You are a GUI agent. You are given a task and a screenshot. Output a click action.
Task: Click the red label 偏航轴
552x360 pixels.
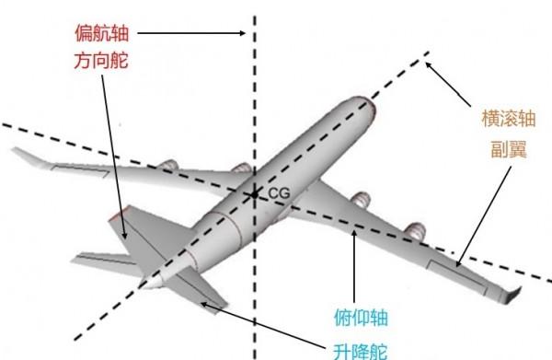click(x=100, y=34)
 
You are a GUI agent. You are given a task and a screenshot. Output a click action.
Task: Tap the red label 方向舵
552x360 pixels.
click(x=100, y=63)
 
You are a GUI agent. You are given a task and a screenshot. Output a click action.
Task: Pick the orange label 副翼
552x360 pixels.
click(x=506, y=148)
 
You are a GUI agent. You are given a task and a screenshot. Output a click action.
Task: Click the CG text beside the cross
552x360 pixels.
click(x=279, y=193)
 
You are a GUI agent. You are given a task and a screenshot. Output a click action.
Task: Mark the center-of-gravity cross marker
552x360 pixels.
click(x=253, y=193)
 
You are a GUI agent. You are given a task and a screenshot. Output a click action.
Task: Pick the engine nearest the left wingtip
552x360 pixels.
click(x=167, y=167)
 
